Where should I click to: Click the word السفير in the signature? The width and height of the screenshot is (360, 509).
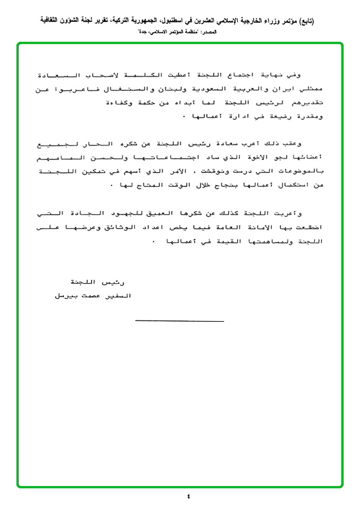119,296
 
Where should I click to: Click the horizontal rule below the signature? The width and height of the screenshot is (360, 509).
180,321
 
